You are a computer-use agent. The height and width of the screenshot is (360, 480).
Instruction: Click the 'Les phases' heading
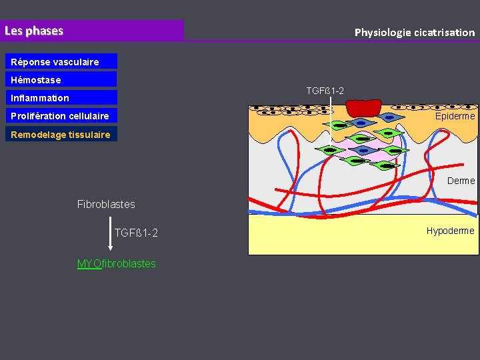tap(34, 31)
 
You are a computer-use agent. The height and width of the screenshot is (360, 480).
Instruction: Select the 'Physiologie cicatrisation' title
tap(414, 32)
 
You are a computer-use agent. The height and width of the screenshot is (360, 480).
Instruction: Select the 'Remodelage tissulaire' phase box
tap(61, 134)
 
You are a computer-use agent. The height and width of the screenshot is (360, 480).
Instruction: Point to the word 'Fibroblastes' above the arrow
tap(106, 204)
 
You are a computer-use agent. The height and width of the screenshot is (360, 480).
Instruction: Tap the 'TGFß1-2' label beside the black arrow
tap(136, 233)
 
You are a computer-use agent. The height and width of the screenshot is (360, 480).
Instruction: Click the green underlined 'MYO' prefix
tap(89, 263)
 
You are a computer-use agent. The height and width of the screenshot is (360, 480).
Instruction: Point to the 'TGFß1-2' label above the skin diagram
tap(325, 91)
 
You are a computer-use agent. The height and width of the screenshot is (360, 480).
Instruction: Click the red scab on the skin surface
tap(363, 107)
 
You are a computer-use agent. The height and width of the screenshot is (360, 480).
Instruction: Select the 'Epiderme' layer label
tap(455, 116)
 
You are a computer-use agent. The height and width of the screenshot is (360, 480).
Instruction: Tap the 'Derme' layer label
tap(461, 181)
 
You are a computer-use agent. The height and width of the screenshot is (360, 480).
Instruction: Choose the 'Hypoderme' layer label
tap(451, 231)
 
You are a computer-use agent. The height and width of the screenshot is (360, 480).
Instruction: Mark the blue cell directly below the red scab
tap(361, 123)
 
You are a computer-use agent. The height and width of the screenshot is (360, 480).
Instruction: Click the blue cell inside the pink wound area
tap(363, 150)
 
